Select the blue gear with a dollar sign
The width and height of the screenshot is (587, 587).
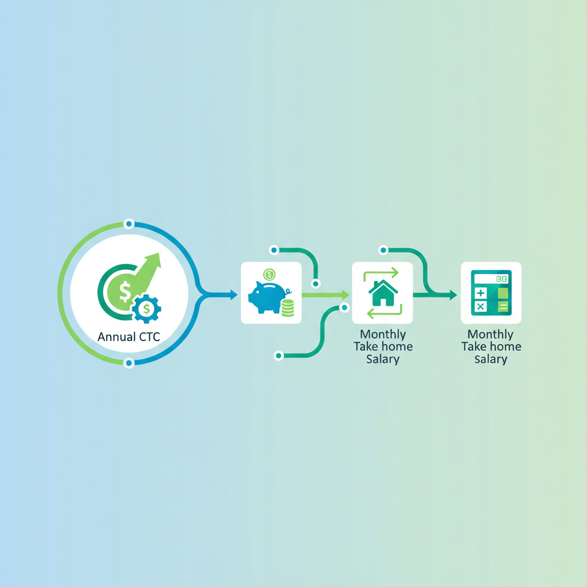coord(147,309)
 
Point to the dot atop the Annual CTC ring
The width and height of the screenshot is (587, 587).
coord(129,224)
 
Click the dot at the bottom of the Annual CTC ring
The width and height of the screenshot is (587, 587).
coord(129,362)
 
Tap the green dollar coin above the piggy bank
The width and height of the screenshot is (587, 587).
coord(269,275)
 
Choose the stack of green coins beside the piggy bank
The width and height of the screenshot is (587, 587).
coord(287,307)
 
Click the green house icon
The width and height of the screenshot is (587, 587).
coord(382,293)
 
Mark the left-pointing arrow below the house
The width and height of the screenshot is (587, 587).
coord(384,313)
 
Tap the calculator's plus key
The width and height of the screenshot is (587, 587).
coord(480,293)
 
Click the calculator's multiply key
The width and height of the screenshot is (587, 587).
coord(480,307)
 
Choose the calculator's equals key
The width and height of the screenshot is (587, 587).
coord(503,307)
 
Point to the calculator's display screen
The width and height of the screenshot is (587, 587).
coord(491,279)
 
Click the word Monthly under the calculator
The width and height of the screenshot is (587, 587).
coord(491,334)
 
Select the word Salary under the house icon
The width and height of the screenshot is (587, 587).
coord(382,359)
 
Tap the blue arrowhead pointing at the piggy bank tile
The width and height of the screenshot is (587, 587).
coord(233,295)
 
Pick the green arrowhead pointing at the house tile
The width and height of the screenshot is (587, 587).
coord(345,295)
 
